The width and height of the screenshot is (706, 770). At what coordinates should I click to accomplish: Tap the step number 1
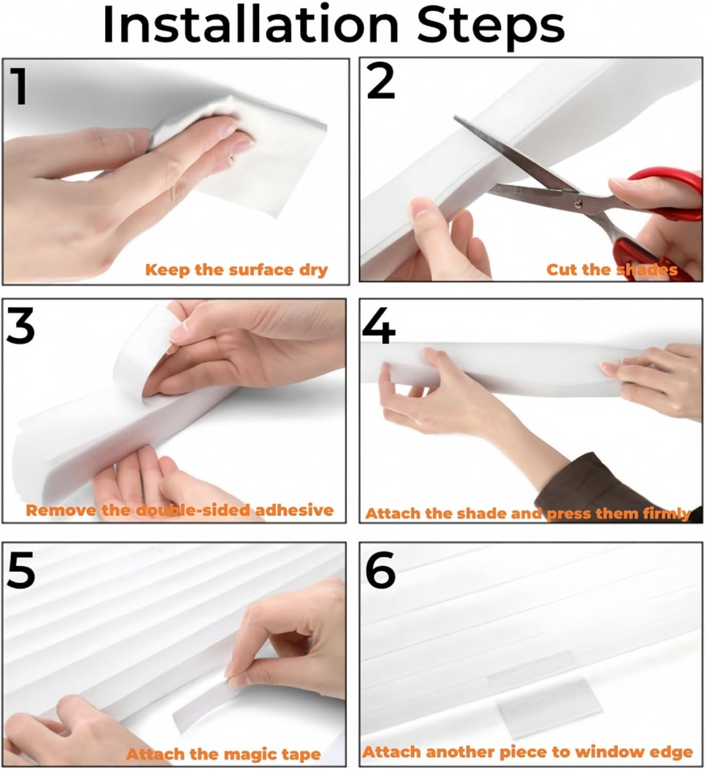(x=19, y=86)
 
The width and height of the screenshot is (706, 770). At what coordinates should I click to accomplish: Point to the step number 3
(x=21, y=326)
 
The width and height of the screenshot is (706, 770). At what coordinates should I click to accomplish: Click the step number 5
(x=21, y=569)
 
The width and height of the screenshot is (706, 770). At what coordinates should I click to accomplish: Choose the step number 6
(x=381, y=569)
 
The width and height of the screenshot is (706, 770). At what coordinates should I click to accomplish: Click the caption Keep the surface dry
(x=237, y=270)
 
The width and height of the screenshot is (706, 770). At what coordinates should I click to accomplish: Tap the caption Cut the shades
(x=612, y=269)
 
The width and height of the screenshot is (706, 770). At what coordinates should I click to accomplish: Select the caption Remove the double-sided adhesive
(x=180, y=510)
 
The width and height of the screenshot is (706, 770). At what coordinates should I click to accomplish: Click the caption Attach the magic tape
(x=223, y=754)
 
